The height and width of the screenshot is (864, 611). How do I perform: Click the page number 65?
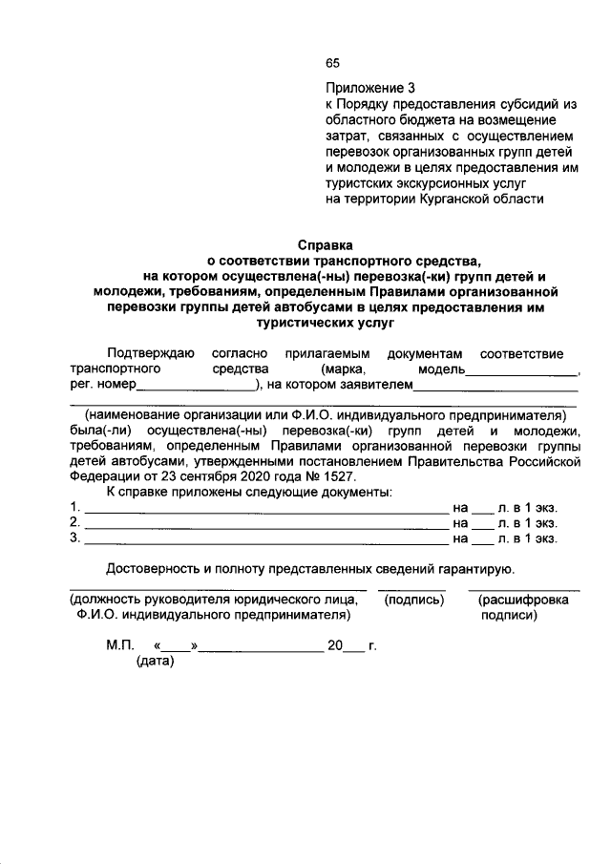coord(332,64)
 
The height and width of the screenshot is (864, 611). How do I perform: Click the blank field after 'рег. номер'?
coord(196,389)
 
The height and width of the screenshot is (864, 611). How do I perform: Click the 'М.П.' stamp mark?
coord(120,645)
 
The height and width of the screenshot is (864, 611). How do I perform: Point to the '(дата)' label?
coord(155,662)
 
